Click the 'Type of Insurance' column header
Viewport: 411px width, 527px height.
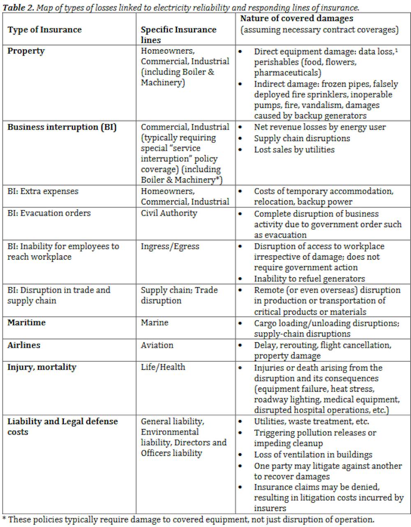point(44,30)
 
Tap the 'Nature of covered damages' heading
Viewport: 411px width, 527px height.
point(296,19)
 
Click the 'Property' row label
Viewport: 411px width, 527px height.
point(26,51)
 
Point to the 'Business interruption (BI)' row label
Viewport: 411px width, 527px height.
point(62,127)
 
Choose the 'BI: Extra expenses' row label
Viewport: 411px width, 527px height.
point(43,191)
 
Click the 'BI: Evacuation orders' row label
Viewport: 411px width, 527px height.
point(49,213)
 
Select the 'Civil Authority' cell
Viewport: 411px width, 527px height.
point(169,213)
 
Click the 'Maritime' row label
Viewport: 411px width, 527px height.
point(26,323)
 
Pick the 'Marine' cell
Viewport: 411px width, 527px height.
point(155,323)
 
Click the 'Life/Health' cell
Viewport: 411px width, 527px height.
point(163,367)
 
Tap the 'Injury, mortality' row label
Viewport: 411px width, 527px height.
point(42,367)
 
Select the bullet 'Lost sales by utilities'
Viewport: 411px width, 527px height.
point(294,149)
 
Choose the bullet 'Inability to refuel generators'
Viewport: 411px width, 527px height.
point(309,279)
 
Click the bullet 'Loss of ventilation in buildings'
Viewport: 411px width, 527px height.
point(313,455)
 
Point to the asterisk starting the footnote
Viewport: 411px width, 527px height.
point(4,519)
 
